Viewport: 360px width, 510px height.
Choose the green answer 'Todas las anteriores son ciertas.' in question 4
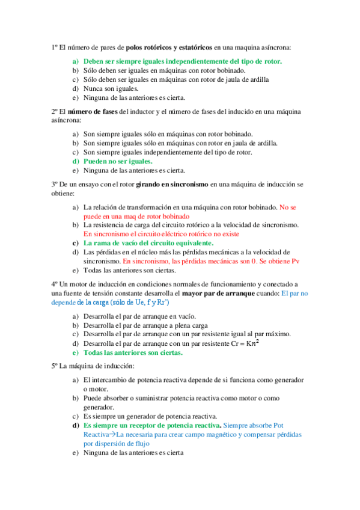tap(133, 352)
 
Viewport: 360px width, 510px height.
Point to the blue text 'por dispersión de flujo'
tap(116, 443)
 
